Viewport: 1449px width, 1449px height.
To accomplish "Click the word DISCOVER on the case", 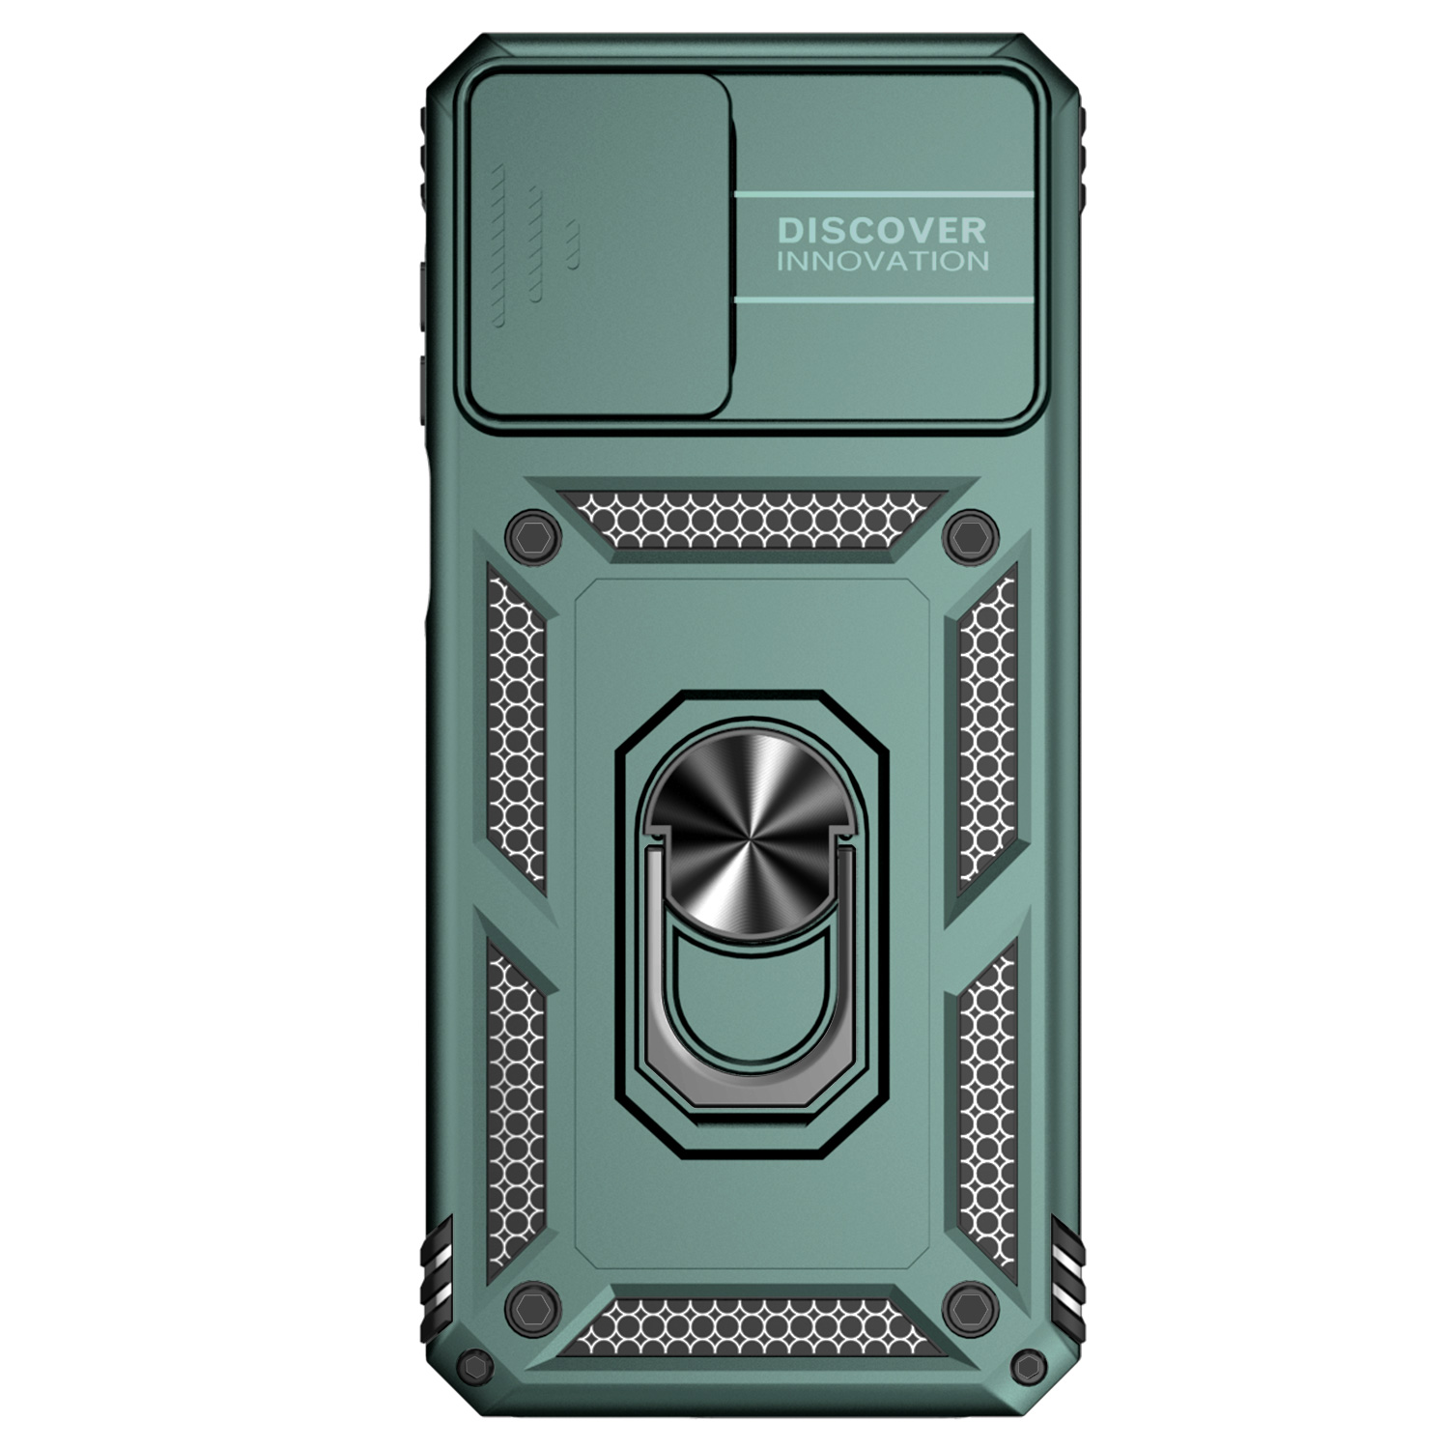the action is [882, 230].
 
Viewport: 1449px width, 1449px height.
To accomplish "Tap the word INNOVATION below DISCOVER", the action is [883, 261].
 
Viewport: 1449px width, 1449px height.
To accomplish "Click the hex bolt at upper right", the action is [971, 536].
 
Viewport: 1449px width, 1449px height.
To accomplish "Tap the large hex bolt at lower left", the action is [533, 1309].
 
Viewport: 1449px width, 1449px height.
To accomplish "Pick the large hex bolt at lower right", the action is [971, 1309].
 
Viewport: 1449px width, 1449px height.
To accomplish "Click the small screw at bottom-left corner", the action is [476, 1366].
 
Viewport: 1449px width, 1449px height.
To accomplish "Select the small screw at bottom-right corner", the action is [1029, 1366].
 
